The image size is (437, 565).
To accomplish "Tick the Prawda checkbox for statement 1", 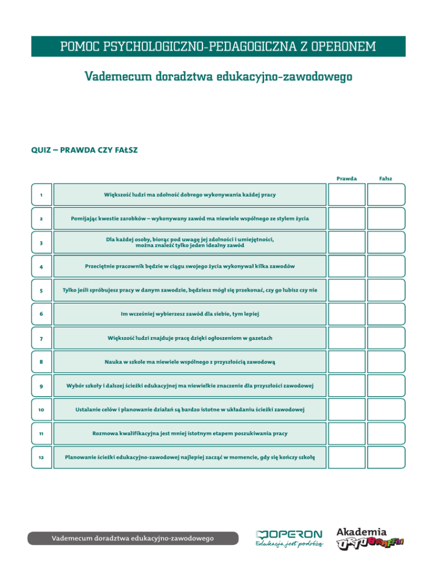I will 347,194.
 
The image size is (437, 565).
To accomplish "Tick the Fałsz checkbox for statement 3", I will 386,242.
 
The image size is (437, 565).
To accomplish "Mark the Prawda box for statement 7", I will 347,338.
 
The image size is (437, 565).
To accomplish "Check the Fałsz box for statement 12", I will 386,457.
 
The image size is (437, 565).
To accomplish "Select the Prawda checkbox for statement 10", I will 347,409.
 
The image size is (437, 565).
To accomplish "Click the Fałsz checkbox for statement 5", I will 386,290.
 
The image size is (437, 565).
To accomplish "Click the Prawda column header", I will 347,178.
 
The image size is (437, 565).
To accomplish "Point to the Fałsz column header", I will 386,178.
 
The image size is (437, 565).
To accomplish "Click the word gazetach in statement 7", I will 256,338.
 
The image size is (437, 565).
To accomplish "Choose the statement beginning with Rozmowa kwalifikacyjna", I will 189,433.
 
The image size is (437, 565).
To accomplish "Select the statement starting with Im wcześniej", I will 189,314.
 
